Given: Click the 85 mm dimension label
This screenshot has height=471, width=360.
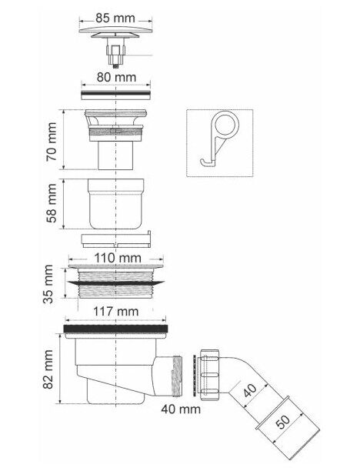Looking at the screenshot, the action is pos(115,18).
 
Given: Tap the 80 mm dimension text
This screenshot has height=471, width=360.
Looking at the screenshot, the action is pos(116,77).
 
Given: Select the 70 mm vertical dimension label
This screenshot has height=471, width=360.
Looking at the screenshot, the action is pos(52,142).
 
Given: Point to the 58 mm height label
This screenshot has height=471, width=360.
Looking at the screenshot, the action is pos(52,203).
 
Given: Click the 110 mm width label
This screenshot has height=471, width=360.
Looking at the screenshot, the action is pos(118,258).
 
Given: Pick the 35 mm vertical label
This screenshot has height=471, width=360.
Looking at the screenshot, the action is pos(48,284).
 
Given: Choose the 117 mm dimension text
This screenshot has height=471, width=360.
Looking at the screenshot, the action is pos(115,311).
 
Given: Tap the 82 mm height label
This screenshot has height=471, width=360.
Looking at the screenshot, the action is pos(48,369).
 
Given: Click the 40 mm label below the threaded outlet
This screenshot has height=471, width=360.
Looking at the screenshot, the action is pos(181,409).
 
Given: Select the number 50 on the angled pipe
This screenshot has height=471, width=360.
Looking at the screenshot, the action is pos(282,422).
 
